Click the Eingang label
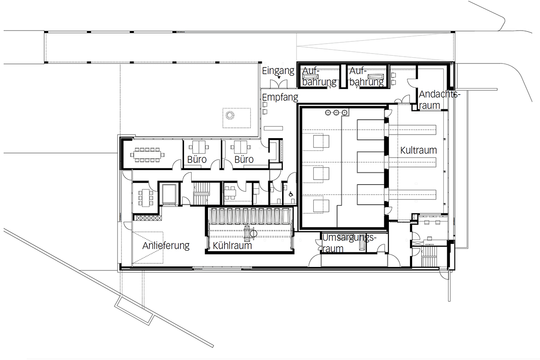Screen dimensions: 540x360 (278, 71)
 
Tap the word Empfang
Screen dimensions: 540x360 (280, 97)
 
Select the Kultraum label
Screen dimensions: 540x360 (418, 150)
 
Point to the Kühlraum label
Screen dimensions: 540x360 (232, 245)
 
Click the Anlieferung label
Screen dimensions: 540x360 (166, 246)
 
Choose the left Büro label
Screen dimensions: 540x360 (197, 159)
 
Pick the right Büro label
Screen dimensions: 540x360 (244, 159)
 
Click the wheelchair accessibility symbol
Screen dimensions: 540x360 (291, 194)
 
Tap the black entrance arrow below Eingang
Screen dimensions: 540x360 (279, 78)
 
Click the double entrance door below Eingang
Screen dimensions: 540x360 (279, 84)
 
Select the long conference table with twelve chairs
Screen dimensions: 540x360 (147, 155)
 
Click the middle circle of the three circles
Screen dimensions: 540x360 (336, 112)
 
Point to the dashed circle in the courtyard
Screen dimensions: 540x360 (230, 115)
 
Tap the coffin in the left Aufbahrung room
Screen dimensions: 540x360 (312, 76)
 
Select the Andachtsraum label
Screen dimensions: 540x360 (440, 100)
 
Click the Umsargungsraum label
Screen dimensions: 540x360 (349, 243)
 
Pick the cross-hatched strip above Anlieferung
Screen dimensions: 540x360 (148, 218)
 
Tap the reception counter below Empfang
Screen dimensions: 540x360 (273, 128)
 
